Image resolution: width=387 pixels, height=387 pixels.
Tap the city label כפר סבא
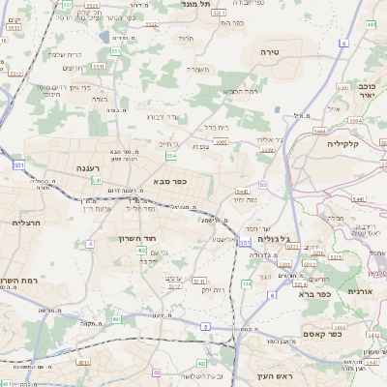(x=169, y=180)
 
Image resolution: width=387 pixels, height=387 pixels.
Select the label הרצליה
(x=21, y=223)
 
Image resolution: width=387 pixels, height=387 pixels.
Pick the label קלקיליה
(x=342, y=144)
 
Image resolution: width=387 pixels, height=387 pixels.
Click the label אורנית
(x=359, y=291)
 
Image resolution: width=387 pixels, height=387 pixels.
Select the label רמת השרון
(x=19, y=280)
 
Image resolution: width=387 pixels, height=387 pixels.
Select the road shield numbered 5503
(x=221, y=141)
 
